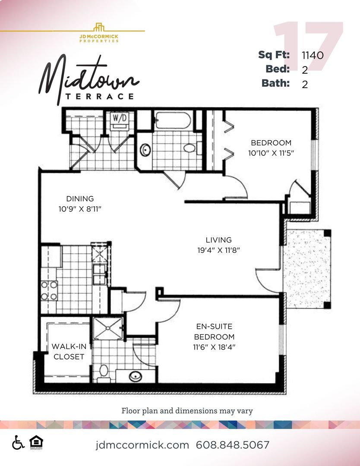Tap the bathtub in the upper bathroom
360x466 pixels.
click(173, 120)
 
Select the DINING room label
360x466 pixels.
click(80, 199)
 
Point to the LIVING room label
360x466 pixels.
click(218, 240)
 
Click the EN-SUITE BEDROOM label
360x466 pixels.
click(215, 332)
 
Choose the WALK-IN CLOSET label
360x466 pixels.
click(68, 351)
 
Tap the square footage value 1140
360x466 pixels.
click(313, 55)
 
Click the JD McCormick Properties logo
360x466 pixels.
click(99, 32)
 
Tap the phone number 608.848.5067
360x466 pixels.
click(233, 445)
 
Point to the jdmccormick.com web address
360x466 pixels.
click(142, 445)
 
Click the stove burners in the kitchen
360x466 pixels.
click(49, 290)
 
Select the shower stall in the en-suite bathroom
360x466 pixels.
click(108, 329)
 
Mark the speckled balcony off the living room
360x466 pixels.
click(306, 269)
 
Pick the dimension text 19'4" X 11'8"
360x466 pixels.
click(218, 250)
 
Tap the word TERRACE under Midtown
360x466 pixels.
click(99, 96)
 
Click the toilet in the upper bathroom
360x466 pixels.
click(189, 148)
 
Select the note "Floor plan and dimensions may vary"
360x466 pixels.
click(187, 411)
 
